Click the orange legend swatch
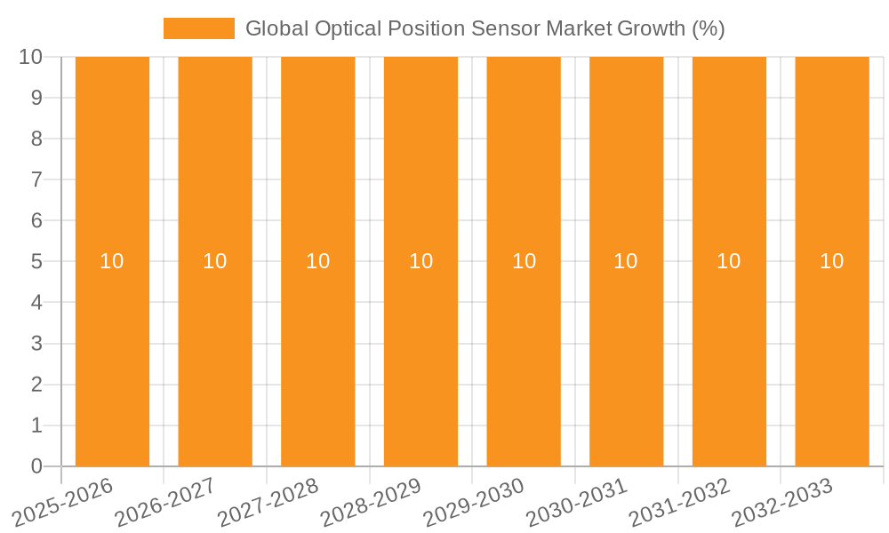pos(198,28)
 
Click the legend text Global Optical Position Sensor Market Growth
pos(485,28)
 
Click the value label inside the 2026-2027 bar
pos(215,261)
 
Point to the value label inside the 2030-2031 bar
pos(626,261)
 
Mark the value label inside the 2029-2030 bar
pos(524,261)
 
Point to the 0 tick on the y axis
pos(36,466)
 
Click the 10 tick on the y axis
pos(31,57)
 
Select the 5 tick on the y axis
pos(36,262)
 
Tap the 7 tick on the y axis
pos(36,179)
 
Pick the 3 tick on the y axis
pos(36,344)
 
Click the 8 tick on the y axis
pos(36,139)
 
